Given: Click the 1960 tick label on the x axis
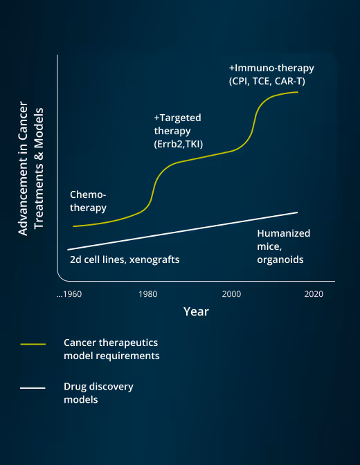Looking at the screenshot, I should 69,294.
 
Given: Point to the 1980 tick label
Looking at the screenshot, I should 148,294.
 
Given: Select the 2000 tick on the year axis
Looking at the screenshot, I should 231,294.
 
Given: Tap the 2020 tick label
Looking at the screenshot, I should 314,294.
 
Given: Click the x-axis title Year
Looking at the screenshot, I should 196,312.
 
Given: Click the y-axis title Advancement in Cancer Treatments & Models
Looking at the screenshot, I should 33,172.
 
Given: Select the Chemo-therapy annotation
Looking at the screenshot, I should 89,201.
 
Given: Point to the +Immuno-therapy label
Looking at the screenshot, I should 271,68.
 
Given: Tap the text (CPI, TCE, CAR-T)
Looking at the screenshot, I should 267,82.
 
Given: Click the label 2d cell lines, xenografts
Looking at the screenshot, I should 125,259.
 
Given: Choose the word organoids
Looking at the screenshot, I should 280,259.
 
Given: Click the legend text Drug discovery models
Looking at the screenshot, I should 98,392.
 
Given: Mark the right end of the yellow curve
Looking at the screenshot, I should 298,91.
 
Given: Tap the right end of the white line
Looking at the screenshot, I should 297,212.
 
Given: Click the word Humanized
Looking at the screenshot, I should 283,233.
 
